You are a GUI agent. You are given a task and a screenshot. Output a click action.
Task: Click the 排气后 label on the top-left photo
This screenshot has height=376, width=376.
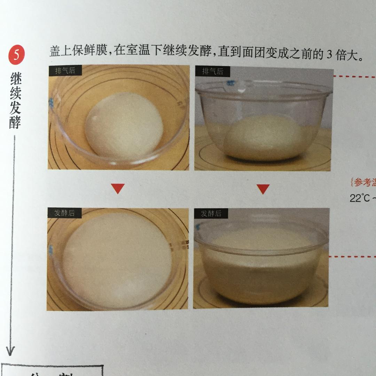(x=65, y=70)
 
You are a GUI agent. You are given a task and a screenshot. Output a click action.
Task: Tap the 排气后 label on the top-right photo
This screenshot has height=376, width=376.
(x=212, y=71)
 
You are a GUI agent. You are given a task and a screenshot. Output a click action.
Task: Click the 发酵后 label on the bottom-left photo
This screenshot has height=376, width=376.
(x=64, y=213)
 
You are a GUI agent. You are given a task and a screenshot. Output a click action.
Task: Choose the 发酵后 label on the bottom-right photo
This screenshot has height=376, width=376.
(x=211, y=213)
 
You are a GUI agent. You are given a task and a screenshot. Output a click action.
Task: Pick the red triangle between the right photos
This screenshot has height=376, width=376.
(x=263, y=189)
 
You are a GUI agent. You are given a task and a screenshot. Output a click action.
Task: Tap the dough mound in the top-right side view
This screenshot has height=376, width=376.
(x=263, y=138)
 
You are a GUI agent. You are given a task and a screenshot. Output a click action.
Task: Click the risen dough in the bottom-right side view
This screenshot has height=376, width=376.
(x=261, y=265)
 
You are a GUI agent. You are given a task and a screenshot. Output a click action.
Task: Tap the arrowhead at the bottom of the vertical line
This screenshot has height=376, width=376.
(x=10, y=350)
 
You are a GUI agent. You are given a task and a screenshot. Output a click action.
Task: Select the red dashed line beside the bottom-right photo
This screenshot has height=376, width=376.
(x=352, y=257)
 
